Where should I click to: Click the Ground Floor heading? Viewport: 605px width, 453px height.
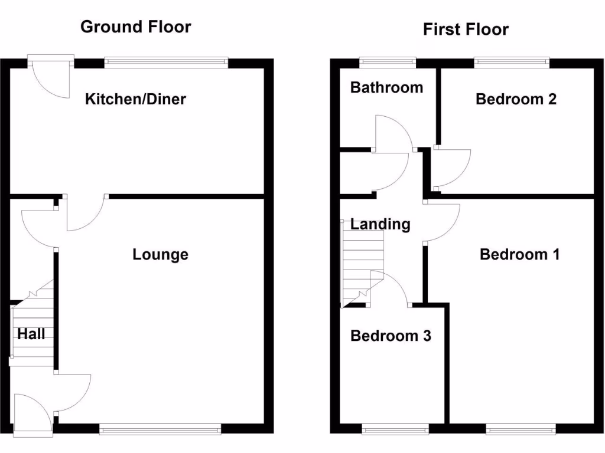coord(135,27)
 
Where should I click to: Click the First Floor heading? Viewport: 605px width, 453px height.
coord(466,29)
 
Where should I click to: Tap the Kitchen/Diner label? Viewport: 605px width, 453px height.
coord(135,99)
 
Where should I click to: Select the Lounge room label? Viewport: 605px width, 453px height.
coord(160,254)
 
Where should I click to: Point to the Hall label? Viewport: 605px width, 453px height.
coord(31,334)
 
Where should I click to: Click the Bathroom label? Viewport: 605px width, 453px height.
coord(386,87)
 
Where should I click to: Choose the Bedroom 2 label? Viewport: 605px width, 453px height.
coord(516,99)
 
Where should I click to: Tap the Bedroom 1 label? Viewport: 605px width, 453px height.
coord(520,254)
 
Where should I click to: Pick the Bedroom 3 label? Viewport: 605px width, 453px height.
coord(391,336)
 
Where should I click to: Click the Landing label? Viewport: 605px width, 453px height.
coord(380,224)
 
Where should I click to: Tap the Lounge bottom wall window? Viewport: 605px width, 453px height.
coord(160,429)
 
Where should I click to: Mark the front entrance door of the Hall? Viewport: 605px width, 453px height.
coord(31,416)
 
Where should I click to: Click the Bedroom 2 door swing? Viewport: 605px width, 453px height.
coord(450,168)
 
